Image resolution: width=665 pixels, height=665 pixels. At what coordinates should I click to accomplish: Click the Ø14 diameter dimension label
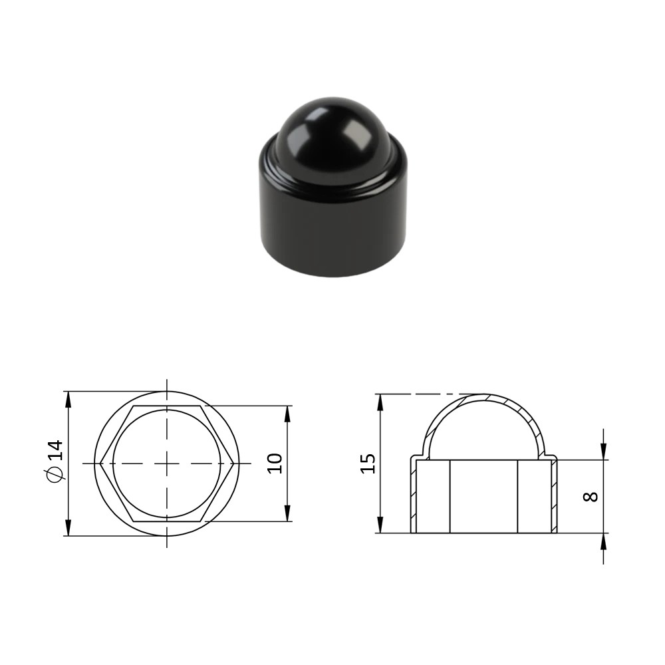pos(56,461)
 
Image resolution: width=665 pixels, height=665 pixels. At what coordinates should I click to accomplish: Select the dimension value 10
pos(275,463)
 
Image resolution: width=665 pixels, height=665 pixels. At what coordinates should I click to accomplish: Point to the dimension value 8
pos(591,496)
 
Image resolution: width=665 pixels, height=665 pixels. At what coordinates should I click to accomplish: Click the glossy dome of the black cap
pos(333,132)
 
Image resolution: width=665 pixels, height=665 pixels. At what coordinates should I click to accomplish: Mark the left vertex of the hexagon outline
pos(100,463)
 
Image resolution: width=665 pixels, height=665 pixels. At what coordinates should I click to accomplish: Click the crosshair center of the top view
pos(167,463)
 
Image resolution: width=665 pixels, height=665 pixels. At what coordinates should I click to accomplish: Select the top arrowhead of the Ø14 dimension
pos(68,399)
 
